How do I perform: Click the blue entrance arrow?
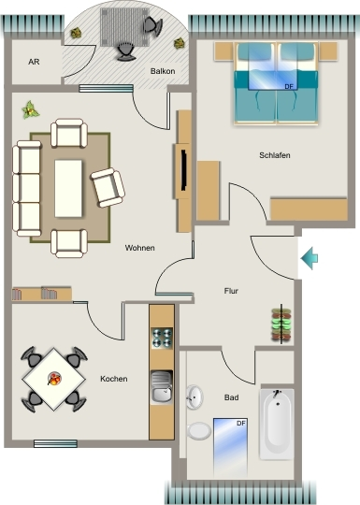(310, 258)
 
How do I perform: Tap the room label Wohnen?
(139, 248)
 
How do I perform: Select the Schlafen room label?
(275, 155)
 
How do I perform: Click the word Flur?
(231, 291)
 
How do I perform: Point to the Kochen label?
(114, 379)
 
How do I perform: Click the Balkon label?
(163, 71)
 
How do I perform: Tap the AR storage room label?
(34, 62)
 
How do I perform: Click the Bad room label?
(231, 397)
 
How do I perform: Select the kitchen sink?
(162, 387)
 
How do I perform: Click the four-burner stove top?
(162, 339)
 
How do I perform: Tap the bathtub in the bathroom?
(277, 424)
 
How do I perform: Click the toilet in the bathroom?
(199, 431)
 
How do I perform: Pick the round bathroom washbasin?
(194, 397)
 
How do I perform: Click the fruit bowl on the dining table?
(54, 379)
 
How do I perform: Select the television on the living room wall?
(184, 169)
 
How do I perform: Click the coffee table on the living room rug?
(68, 188)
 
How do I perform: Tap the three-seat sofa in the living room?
(27, 188)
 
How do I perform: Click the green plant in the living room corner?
(30, 110)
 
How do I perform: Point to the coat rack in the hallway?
(281, 325)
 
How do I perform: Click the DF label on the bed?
(289, 86)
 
